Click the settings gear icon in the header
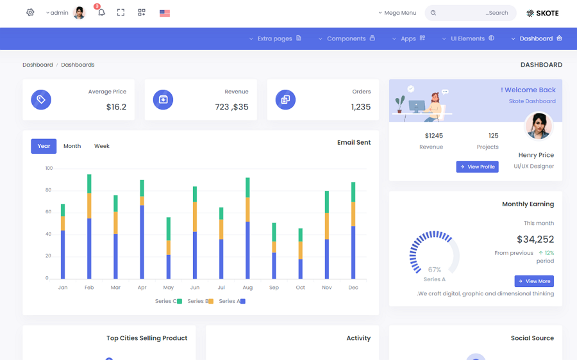(30, 12)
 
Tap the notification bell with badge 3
(101, 12)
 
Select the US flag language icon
(165, 13)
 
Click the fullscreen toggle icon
(121, 12)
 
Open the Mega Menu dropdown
(397, 13)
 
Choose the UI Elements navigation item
(468, 38)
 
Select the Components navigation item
(347, 38)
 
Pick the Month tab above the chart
(72, 146)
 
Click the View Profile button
(478, 167)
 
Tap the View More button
(534, 281)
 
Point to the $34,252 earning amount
(535, 240)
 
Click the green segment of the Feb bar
(89, 184)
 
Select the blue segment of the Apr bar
(142, 241)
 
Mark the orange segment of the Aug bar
(247, 209)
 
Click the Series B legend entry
(200, 301)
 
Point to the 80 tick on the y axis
(49, 190)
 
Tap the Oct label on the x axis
(301, 288)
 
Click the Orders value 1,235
(361, 107)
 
